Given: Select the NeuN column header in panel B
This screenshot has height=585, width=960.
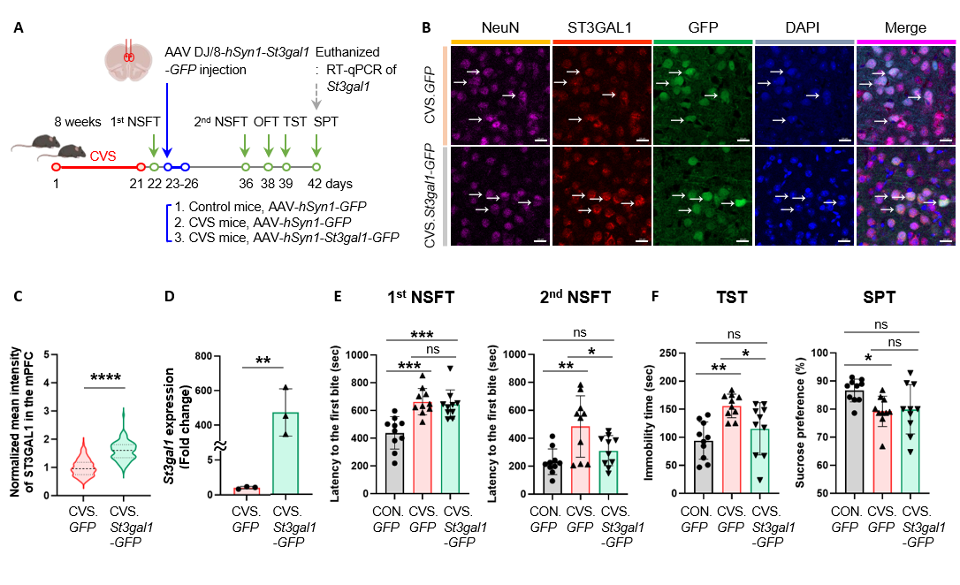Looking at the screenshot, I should click(499, 28).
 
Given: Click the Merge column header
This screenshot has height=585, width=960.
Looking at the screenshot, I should click(905, 28).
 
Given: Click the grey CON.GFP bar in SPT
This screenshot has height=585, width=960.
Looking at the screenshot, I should click(854, 442).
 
